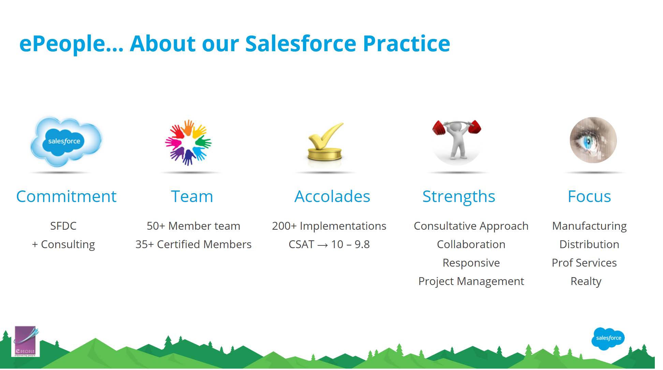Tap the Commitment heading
67,197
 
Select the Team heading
192,197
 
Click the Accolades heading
332,197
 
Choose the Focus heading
589,197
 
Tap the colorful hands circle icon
188,142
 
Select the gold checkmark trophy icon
325,142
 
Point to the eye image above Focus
593,140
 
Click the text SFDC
63,226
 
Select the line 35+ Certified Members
193,244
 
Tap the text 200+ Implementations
329,226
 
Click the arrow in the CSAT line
323,245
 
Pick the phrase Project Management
471,281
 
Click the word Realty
586,281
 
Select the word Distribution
589,244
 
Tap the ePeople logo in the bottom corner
26,341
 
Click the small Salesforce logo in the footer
608,338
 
